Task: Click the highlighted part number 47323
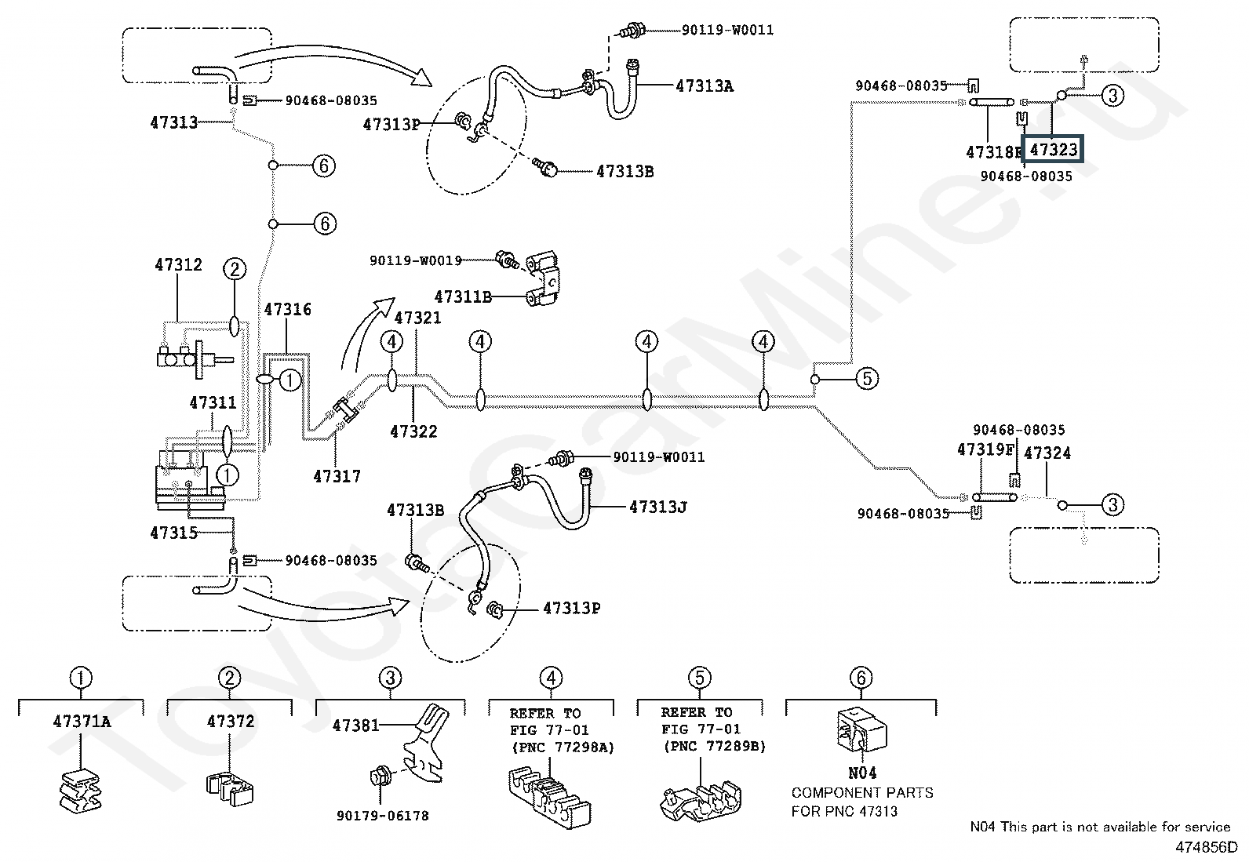tap(1053, 150)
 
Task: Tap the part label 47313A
tap(705, 86)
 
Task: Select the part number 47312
tap(178, 264)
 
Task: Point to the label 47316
tap(288, 310)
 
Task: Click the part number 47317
tap(337, 476)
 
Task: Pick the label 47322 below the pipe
tap(413, 431)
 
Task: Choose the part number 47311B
tap(463, 297)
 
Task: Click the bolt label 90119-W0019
tap(416, 260)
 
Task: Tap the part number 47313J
tap(658, 507)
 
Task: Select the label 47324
tap(1047, 453)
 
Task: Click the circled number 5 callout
tap(866, 379)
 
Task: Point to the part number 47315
tap(174, 533)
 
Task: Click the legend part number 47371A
tap(82, 722)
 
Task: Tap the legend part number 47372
tap(231, 722)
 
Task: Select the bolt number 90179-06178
tap(383, 816)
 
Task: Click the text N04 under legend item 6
tap(862, 773)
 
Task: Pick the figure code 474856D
tap(1206, 848)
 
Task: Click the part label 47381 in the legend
tap(355, 726)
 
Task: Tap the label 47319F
tap(985, 449)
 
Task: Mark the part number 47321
tap(417, 318)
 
